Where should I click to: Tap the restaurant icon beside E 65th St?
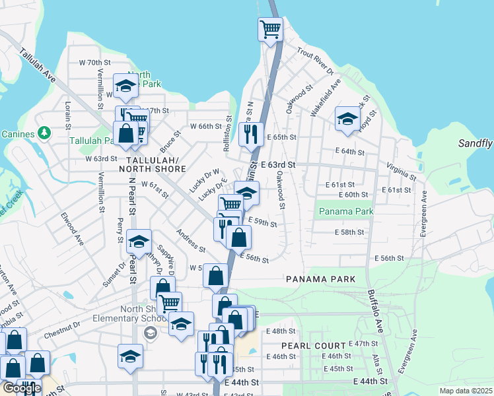(251, 135)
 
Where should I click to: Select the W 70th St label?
(92, 63)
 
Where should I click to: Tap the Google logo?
(22, 388)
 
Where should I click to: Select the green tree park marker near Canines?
(45, 134)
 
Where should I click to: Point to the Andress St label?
(190, 240)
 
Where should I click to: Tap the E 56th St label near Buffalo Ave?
(388, 258)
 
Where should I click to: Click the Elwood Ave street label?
(69, 226)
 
